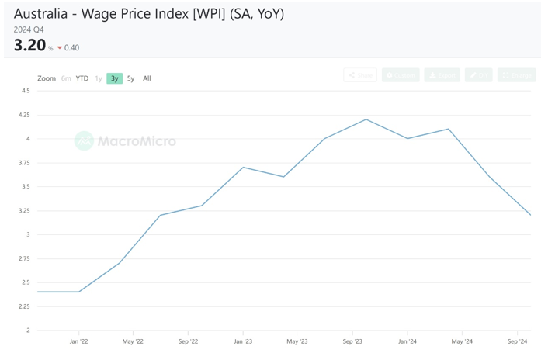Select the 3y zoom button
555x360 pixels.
pyautogui.click(x=115, y=78)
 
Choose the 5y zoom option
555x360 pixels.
pyautogui.click(x=130, y=78)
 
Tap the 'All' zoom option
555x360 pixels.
pyautogui.click(x=147, y=78)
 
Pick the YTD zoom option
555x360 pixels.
pyautogui.click(x=82, y=78)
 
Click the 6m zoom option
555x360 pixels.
pyautogui.click(x=66, y=78)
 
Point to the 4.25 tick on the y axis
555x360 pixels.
pyautogui.click(x=24, y=115)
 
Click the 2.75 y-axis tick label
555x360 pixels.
pyautogui.click(x=24, y=258)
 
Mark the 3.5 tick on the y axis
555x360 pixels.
pyautogui.click(x=25, y=186)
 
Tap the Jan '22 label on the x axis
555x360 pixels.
pyautogui.click(x=78, y=341)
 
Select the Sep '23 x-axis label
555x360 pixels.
pyautogui.click(x=352, y=341)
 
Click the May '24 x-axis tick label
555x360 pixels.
pyautogui.click(x=462, y=341)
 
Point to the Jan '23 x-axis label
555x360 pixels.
pyautogui.click(x=243, y=341)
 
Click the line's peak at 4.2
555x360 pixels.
pyautogui.click(x=366, y=119)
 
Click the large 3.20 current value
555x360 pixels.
pyautogui.click(x=29, y=45)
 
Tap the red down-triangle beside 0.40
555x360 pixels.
pyautogui.click(x=60, y=48)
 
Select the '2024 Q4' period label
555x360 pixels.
pyautogui.click(x=29, y=29)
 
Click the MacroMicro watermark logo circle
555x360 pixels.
pyautogui.click(x=84, y=140)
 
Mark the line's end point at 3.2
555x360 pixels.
pyautogui.click(x=530, y=215)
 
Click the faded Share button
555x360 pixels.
pyautogui.click(x=360, y=75)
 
